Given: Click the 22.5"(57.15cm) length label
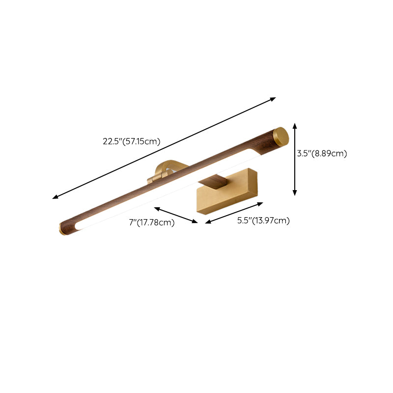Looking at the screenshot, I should [x=131, y=141].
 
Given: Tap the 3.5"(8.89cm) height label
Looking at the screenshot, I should [x=322, y=153].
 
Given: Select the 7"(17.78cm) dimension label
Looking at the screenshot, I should [x=152, y=223].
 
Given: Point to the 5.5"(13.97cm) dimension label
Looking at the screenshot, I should [x=263, y=221].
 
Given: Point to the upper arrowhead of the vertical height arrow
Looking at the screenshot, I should [x=295, y=126].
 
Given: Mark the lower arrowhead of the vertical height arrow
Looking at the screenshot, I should [x=295, y=193].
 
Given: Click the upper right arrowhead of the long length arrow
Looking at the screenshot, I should [x=274, y=99].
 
